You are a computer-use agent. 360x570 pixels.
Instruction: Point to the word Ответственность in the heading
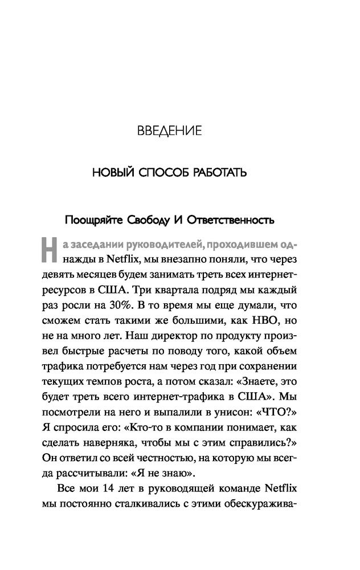(238, 219)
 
